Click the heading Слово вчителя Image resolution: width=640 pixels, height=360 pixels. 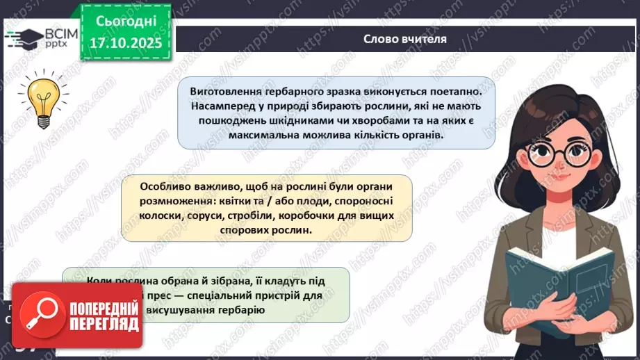[x=404, y=39]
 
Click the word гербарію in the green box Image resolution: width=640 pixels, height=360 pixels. [x=237, y=309]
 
